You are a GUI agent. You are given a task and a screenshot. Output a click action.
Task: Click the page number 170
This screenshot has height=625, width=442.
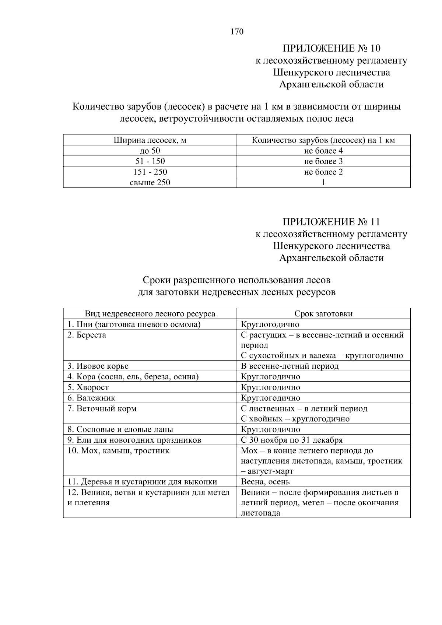tap(237, 32)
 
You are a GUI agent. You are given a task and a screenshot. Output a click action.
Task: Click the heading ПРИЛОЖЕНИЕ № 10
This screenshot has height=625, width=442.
tap(331, 48)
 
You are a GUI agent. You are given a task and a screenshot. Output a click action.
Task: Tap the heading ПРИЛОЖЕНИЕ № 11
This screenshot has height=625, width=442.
tap(331, 222)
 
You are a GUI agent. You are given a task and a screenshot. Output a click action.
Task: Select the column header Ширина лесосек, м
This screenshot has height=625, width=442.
tap(150, 140)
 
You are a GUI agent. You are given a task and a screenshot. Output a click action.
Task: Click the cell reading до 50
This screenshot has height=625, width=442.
tap(150, 151)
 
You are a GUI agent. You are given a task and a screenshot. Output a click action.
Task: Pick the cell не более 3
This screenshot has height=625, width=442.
tap(323, 161)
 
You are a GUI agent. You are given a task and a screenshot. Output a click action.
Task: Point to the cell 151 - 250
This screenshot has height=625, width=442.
tap(150, 172)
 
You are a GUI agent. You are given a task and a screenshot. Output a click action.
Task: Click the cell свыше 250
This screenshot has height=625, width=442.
tap(150, 182)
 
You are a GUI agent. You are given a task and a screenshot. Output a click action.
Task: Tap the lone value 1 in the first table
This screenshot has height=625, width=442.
tap(323, 182)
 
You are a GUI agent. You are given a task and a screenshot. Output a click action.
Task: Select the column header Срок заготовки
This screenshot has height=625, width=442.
tap(323, 314)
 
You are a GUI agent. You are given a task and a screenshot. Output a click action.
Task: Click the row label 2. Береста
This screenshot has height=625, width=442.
tap(87, 335)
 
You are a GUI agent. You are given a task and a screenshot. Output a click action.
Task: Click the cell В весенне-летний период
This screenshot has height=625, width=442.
tap(290, 366)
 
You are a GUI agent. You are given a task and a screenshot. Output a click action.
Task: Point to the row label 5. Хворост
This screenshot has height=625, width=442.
tap(88, 387)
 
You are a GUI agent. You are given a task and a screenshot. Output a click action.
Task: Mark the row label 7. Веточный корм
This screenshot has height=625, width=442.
tap(102, 408)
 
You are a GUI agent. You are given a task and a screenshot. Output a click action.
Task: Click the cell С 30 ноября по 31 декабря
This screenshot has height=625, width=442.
tap(292, 440)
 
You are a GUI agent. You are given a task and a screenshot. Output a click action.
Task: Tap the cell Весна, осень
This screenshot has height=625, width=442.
tap(265, 482)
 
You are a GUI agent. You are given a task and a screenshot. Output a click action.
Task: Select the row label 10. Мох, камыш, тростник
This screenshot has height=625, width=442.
tap(118, 450)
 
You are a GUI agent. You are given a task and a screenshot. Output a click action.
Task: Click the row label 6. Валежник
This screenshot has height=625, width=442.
tap(91, 398)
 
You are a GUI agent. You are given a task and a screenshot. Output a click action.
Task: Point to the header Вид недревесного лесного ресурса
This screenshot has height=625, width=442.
tap(150, 314)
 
